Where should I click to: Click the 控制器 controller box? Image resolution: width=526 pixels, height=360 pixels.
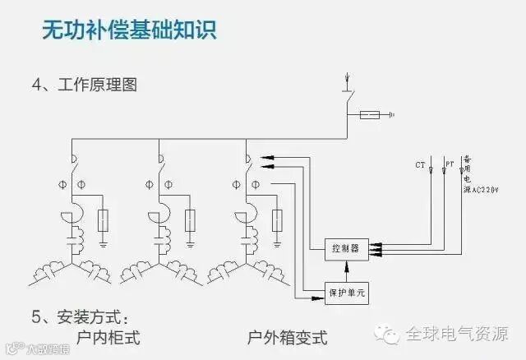click(x=341, y=247)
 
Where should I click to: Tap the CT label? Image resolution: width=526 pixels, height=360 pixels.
click(x=421, y=165)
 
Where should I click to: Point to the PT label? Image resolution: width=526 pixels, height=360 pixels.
click(x=450, y=164)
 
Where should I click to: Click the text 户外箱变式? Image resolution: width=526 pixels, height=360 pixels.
click(x=287, y=337)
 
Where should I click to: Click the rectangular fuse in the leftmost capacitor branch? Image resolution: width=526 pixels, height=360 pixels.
click(x=103, y=220)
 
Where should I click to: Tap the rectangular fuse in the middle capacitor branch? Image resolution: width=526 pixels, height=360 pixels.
click(x=190, y=220)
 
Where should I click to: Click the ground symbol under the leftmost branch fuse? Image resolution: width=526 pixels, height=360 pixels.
click(x=103, y=242)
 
